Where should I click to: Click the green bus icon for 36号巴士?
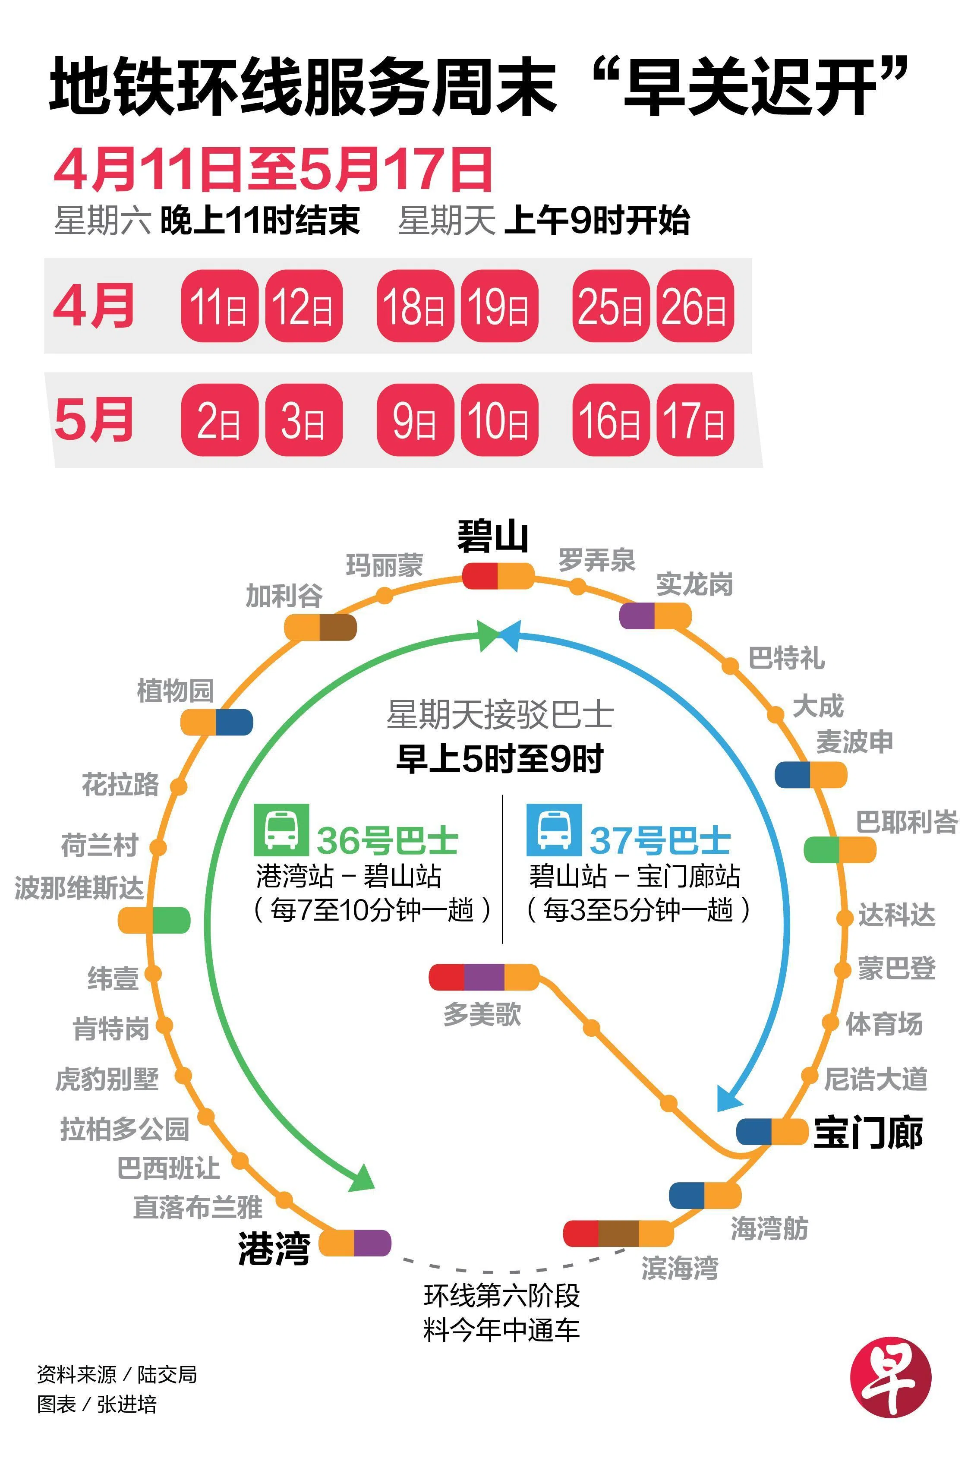pos(281,830)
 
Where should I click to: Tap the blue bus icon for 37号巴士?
pos(554,830)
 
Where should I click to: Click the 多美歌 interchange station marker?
pos(484,977)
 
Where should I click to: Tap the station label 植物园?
pos(175,691)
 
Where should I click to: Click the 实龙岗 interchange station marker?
pos(655,615)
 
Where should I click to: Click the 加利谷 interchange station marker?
pos(320,628)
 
